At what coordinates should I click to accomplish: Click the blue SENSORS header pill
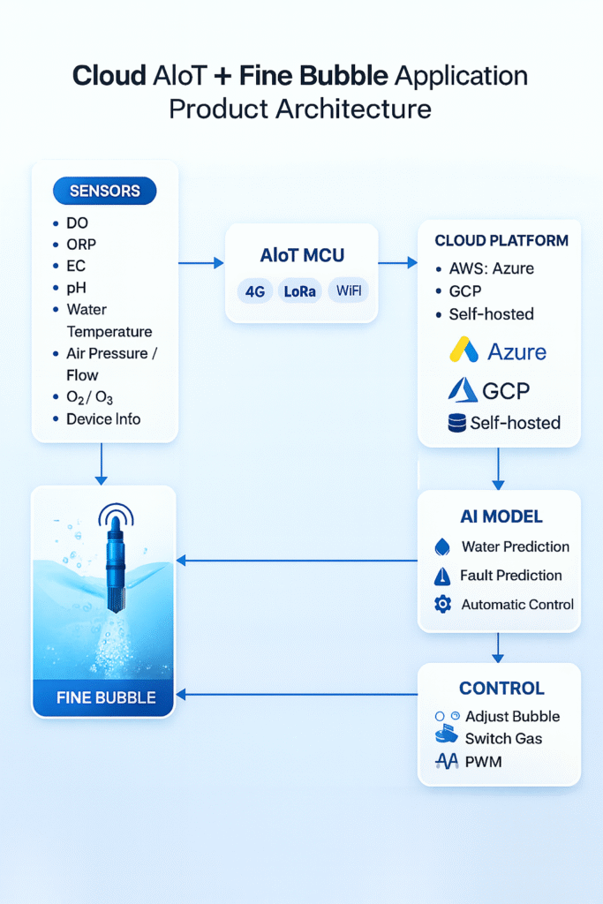coord(104,191)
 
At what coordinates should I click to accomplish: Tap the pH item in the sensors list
coord(78,288)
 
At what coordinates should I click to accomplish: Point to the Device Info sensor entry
coord(102,418)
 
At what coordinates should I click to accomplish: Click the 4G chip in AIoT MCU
coord(255,291)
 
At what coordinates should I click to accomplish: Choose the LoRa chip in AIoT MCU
coord(301,291)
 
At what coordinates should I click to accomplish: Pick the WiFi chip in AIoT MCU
coord(349,291)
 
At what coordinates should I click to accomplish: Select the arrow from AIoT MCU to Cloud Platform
coord(397,262)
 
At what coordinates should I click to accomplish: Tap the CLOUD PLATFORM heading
coord(501,240)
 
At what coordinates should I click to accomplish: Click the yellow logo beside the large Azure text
coord(464,350)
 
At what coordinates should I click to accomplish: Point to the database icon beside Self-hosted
coord(456,423)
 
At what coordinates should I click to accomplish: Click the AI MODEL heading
coord(501,516)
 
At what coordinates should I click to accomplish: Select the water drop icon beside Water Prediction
coord(443,547)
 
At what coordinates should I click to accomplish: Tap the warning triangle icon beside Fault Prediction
coord(443,576)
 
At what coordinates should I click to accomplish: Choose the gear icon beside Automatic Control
coord(443,605)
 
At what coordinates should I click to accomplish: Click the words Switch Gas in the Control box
coord(503,739)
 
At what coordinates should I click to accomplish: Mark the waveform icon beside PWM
coord(447,761)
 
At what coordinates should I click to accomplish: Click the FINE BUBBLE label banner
coord(106,697)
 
